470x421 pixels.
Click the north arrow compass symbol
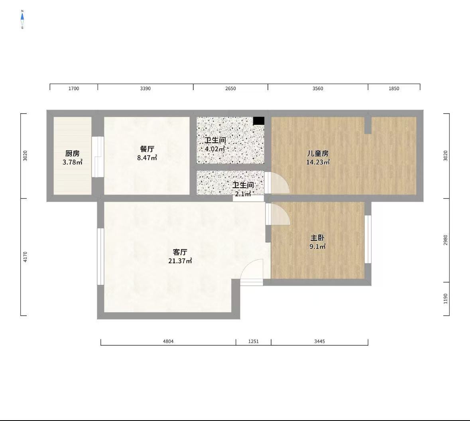click(x=22, y=19)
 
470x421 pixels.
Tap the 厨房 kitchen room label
click(x=73, y=153)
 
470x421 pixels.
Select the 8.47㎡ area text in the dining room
click(x=147, y=158)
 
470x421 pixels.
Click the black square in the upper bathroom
click(x=259, y=121)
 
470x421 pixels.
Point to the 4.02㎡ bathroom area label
click(x=215, y=149)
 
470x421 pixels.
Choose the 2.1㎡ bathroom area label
click(x=243, y=194)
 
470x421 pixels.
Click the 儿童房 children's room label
click(x=318, y=153)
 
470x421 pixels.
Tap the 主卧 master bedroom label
click(x=317, y=238)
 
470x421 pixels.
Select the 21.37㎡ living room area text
click(x=180, y=261)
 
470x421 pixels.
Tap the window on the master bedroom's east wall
click(x=368, y=239)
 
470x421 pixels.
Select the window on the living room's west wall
click(x=100, y=257)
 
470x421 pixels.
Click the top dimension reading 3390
click(x=146, y=89)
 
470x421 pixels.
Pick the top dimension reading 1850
click(x=394, y=89)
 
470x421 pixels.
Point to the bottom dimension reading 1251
click(x=253, y=341)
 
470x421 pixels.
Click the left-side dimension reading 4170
click(x=25, y=257)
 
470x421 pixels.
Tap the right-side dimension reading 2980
click(x=445, y=240)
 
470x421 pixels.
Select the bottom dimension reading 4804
click(x=168, y=341)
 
